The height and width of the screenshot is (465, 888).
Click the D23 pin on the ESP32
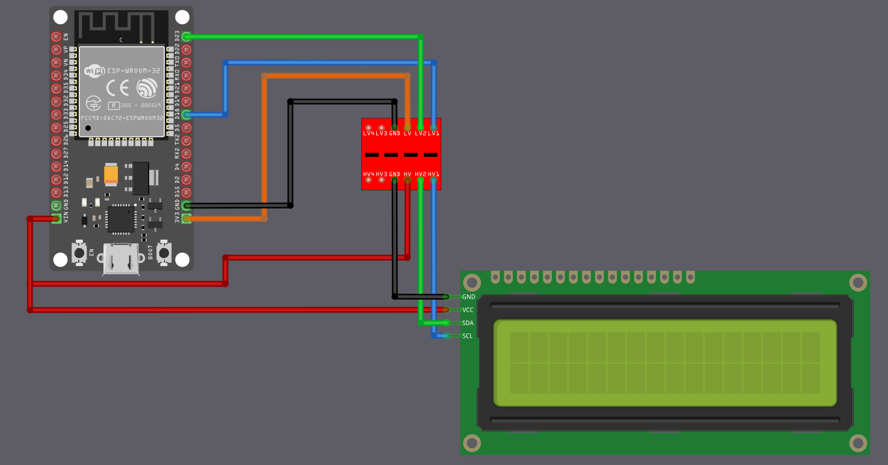(186, 37)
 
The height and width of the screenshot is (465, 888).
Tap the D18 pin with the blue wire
(186, 114)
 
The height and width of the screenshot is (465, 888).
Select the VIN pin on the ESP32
(57, 219)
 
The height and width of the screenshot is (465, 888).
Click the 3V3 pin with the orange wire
(186, 219)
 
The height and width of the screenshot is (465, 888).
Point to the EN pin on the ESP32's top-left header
(57, 37)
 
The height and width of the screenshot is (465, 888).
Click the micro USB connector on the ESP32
(121, 259)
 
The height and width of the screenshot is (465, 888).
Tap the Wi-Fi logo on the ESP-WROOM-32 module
(94, 71)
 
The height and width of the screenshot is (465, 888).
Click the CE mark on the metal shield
(117, 88)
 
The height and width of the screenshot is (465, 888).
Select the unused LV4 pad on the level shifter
(368, 127)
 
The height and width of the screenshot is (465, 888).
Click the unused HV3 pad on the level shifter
(381, 180)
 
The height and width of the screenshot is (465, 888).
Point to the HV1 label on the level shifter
(433, 174)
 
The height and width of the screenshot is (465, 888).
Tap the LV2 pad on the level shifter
(420, 127)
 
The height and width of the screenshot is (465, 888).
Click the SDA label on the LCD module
(468, 323)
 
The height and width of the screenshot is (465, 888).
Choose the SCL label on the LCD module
(468, 336)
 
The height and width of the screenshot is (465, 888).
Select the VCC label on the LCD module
(468, 310)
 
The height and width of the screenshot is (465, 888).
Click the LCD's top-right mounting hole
(858, 282)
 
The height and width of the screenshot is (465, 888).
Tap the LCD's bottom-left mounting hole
(473, 443)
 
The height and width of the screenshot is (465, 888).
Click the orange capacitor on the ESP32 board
(111, 174)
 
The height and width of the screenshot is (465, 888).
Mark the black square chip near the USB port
(121, 219)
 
